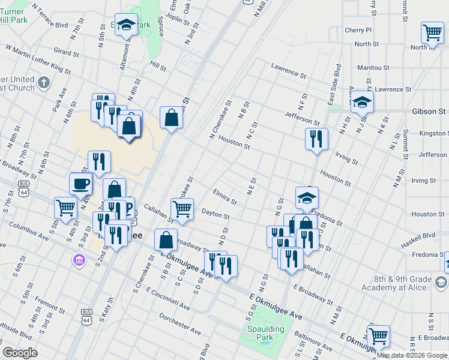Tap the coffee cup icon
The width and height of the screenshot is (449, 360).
[81, 185]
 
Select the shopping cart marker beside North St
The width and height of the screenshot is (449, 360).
[432, 34]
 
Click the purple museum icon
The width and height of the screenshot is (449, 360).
[79, 260]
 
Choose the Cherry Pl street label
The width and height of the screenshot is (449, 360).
[358, 30]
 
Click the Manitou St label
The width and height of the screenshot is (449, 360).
[373, 68]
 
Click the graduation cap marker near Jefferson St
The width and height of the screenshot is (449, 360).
[363, 103]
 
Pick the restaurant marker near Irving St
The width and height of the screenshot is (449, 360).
[316, 139]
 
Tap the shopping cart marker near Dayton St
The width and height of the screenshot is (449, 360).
[182, 209]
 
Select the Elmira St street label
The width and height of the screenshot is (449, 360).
[225, 196]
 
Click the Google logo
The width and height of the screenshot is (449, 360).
[20, 353]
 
